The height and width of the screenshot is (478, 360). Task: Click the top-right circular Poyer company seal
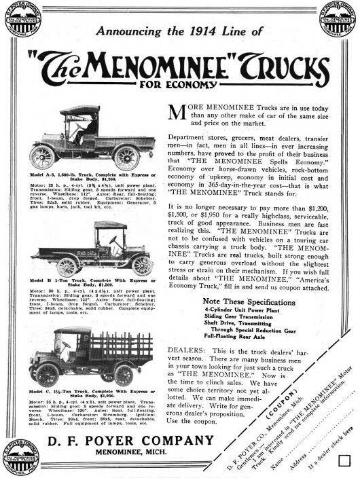[x=338, y=20]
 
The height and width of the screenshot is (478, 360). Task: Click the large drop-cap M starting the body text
[x=175, y=114]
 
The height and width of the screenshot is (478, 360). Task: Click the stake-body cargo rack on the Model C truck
[x=121, y=347]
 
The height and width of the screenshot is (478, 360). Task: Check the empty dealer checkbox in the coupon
[x=344, y=460]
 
